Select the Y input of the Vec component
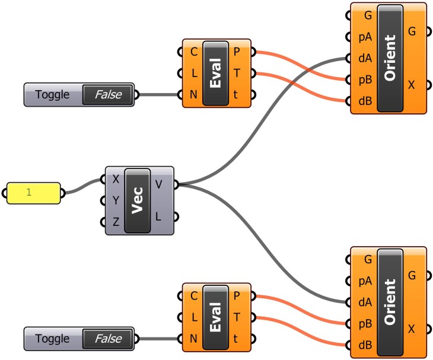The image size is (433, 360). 116,200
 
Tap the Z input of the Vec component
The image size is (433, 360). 116,222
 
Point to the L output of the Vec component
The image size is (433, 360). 158,217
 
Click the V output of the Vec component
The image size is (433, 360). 158,184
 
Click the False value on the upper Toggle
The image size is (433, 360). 107,94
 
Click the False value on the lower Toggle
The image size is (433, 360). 107,339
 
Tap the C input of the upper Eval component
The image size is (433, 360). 194,52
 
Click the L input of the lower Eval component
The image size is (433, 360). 194,317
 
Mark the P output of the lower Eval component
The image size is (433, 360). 237,295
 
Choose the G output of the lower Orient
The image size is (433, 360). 412,275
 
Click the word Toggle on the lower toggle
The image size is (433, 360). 52,339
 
